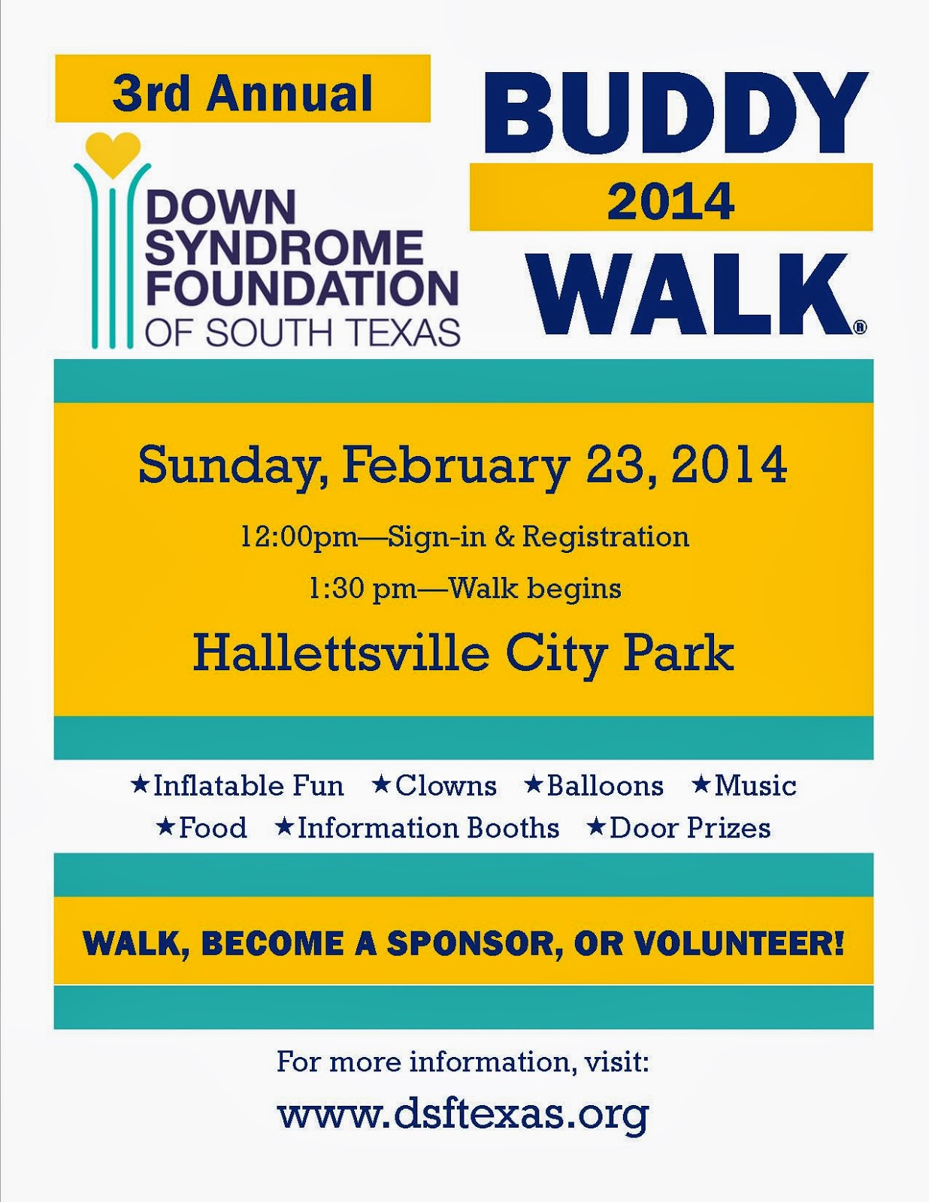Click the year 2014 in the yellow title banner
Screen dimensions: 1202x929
tap(670, 201)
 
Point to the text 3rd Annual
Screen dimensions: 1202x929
tap(242, 93)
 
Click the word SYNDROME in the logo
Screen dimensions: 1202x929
tap(284, 247)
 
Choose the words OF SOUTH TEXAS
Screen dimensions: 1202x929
tap(302, 331)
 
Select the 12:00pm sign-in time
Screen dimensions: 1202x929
tap(298, 537)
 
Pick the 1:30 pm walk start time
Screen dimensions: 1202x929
tap(362, 588)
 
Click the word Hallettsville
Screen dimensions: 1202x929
tap(341, 653)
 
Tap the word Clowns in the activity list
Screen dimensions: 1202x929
tap(446, 786)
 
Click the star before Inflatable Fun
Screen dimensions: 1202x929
tap(139, 785)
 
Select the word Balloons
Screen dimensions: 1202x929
tap(605, 786)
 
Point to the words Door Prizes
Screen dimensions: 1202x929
tap(690, 828)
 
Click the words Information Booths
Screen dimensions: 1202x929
tap(428, 828)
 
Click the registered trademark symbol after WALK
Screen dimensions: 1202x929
tap(860, 327)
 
